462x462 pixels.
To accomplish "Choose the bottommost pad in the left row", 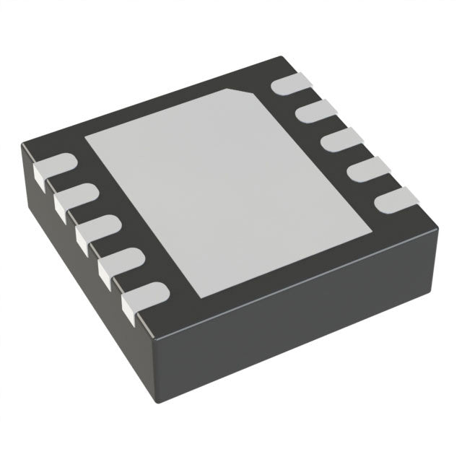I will click(143, 295).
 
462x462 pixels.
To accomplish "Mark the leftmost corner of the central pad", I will click(85, 137).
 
